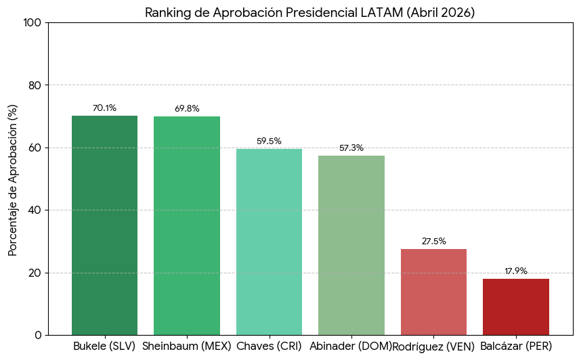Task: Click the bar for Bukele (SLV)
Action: tap(104, 225)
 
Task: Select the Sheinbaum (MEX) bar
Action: tap(187, 226)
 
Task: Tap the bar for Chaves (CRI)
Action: tap(269, 242)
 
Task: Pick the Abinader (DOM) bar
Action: tap(351, 245)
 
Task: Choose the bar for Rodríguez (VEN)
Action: tap(433, 292)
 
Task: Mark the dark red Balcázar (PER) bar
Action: tap(516, 307)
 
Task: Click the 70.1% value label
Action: tap(104, 108)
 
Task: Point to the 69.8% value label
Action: tap(187, 109)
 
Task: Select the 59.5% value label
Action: tap(269, 141)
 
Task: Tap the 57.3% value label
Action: tap(351, 148)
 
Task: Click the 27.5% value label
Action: tap(433, 242)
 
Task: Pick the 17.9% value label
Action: tap(516, 271)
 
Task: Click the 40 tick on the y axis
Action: tap(35, 210)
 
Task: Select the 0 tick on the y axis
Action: tap(38, 335)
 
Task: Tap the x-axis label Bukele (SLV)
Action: tap(104, 346)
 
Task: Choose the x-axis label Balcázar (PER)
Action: tap(516, 346)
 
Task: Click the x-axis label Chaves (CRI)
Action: tap(269, 346)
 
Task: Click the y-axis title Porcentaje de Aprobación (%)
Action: tap(13, 179)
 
